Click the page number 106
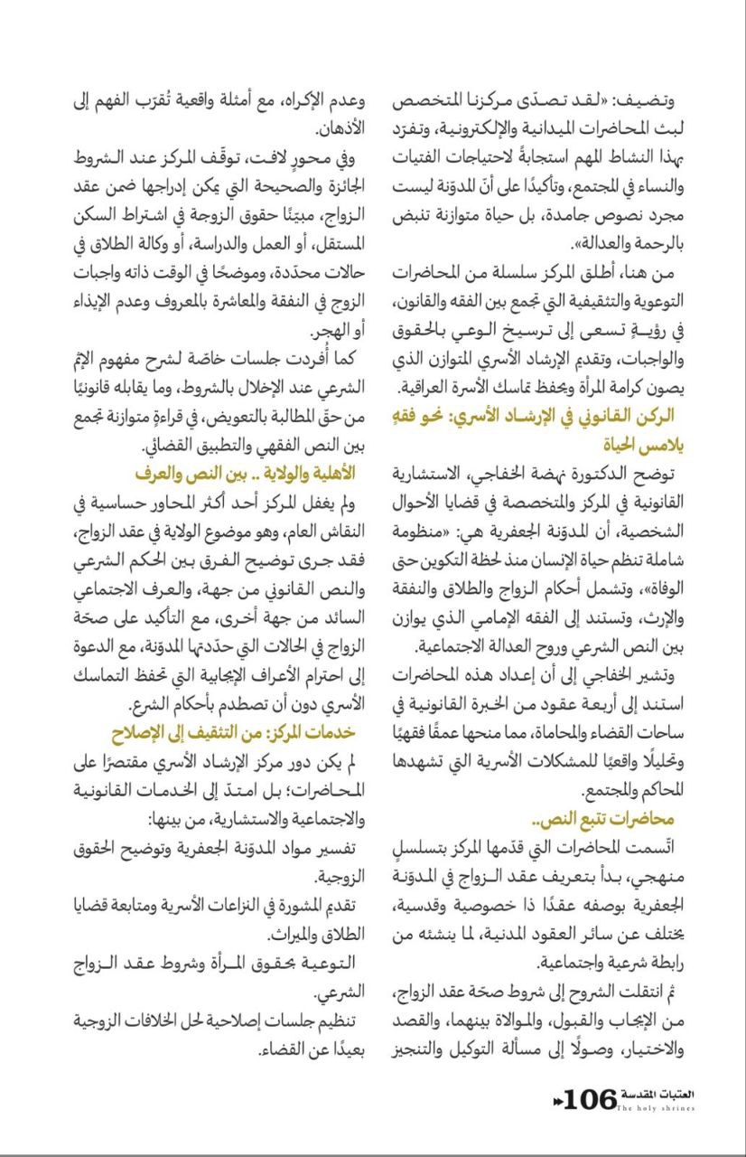[592, 1101]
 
